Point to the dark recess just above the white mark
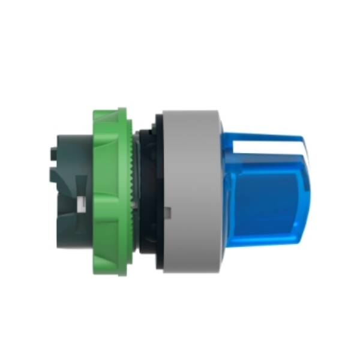coord(79,186)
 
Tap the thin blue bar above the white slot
coord(270,136)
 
